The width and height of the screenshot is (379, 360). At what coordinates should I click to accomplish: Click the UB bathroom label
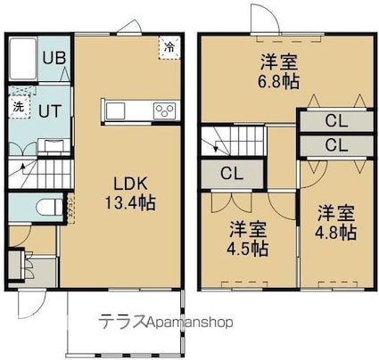[54, 58]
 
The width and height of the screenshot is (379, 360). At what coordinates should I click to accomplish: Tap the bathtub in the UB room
[23, 58]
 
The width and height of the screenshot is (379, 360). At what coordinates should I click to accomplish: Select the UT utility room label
[50, 111]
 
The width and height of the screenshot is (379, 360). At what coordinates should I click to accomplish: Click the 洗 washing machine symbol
[19, 107]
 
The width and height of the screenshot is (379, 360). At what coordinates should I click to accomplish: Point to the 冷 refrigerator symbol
[169, 47]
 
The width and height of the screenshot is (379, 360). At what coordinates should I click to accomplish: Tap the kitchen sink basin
[116, 111]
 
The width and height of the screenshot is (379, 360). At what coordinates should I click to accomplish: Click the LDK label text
[130, 184]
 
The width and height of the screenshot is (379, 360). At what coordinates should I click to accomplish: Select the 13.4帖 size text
[130, 203]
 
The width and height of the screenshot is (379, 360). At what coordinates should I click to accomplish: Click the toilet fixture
[50, 207]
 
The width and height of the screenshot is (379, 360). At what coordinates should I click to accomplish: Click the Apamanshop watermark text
[190, 322]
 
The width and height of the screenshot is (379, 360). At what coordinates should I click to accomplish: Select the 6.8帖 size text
[278, 82]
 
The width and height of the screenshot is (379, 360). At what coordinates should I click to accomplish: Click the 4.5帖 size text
[248, 249]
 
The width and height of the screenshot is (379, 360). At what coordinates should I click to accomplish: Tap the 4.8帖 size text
[335, 233]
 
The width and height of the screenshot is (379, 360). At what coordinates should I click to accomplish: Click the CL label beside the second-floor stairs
[232, 174]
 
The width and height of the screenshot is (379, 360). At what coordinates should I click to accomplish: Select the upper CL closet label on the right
[336, 121]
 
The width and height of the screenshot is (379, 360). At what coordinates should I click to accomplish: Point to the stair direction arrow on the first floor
[21, 169]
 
